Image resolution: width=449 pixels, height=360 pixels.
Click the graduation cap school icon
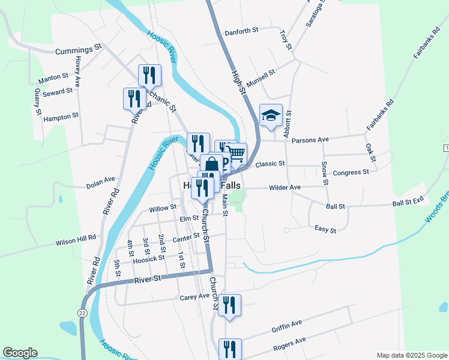click(271, 115)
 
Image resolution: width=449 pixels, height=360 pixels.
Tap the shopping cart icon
click(237, 154)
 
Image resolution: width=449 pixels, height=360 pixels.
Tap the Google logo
click(20, 353)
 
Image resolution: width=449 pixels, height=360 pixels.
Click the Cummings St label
click(79, 50)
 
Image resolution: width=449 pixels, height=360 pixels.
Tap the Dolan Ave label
click(100, 179)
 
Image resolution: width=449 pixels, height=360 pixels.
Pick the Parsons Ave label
click(310, 140)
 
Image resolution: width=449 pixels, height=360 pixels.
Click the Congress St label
click(351, 173)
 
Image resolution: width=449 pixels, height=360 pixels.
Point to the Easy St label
click(325, 229)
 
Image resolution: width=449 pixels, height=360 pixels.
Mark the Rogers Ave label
click(289, 343)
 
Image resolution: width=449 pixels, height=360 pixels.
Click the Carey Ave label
click(194, 296)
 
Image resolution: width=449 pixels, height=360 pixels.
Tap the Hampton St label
click(61, 117)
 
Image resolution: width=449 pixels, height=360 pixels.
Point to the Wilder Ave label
click(285, 188)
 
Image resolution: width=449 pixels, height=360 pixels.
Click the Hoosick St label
click(149, 258)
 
